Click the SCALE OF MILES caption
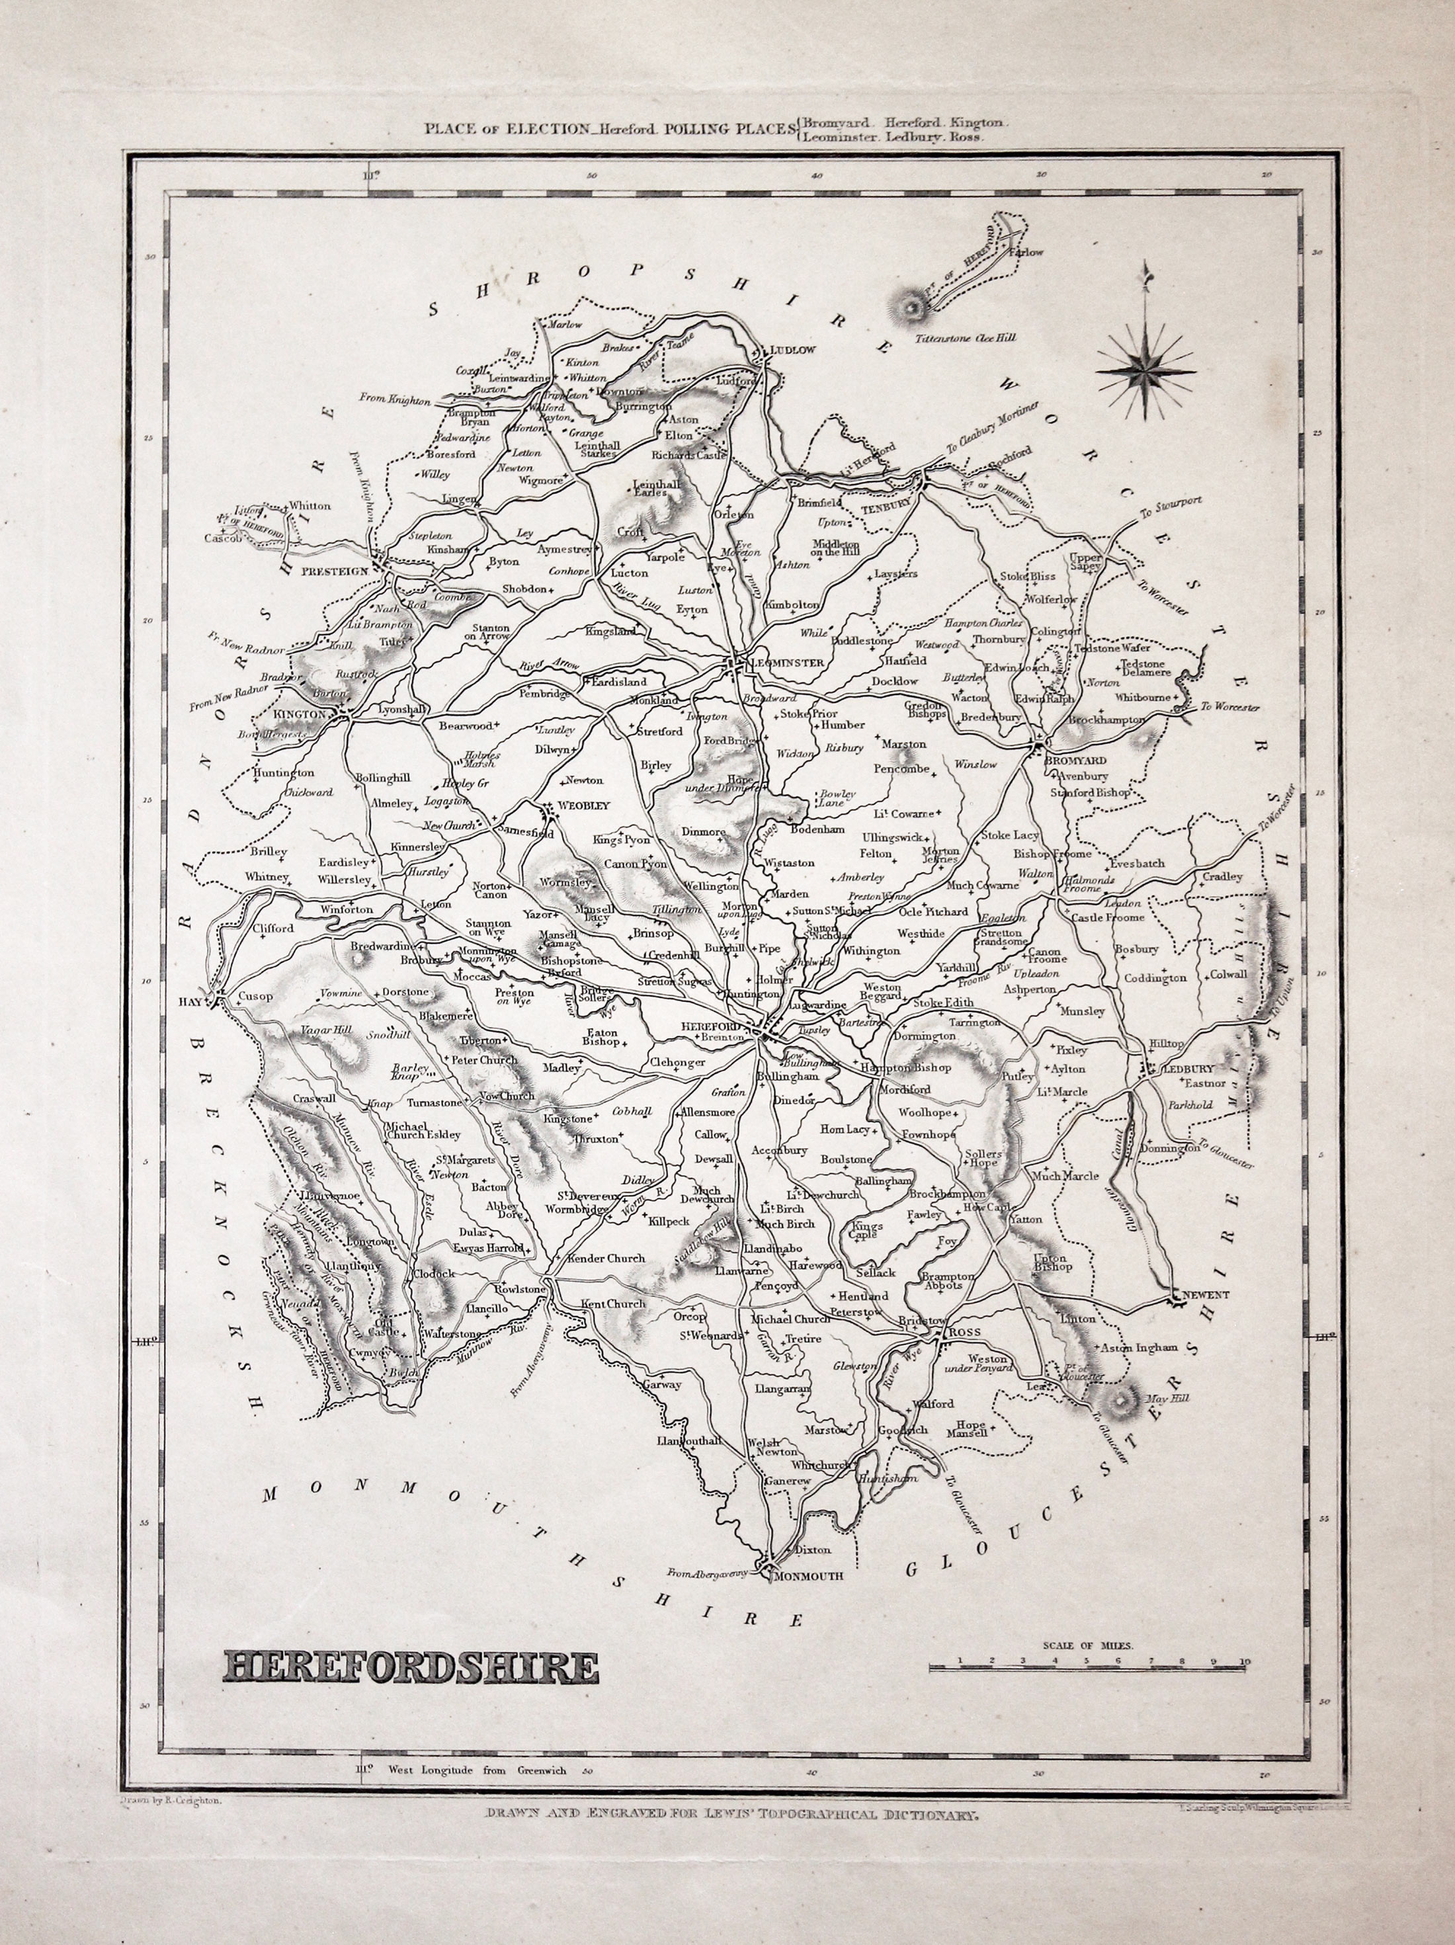pyautogui.click(x=1089, y=1643)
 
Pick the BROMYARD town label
pyautogui.click(x=1079, y=761)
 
